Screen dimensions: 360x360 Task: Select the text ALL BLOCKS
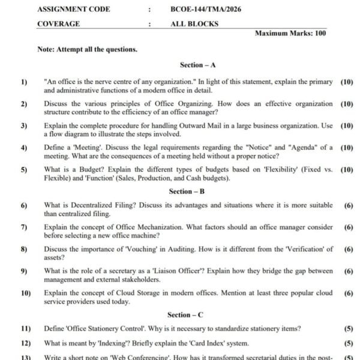pos(194,24)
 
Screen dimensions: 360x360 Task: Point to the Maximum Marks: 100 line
pos(290,34)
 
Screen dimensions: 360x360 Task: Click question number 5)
pos(24,170)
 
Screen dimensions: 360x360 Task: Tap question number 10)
pos(25,293)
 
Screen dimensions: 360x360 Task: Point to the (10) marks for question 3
pos(346,126)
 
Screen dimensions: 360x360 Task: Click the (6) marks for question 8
pos(348,249)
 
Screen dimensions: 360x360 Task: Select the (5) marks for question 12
pos(348,343)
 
